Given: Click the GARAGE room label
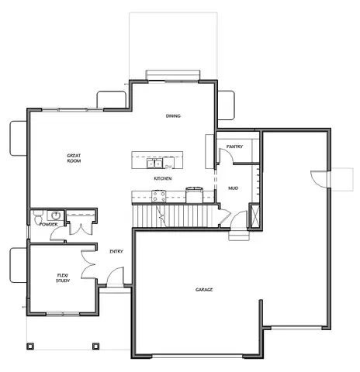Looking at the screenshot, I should click(x=204, y=290).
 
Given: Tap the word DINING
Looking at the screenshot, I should click(x=173, y=116).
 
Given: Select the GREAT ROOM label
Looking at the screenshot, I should click(x=74, y=158).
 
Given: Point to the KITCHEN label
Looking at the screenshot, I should click(x=162, y=179).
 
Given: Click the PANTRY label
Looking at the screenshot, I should click(x=236, y=146).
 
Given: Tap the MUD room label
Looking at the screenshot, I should click(x=233, y=188).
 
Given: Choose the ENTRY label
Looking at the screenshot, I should click(x=116, y=250).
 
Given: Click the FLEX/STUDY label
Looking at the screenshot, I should click(x=63, y=277).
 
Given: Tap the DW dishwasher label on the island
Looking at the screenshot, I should click(x=168, y=167).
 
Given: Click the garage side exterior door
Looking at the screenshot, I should click(x=318, y=177).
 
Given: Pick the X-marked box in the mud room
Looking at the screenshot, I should click(x=253, y=217).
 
